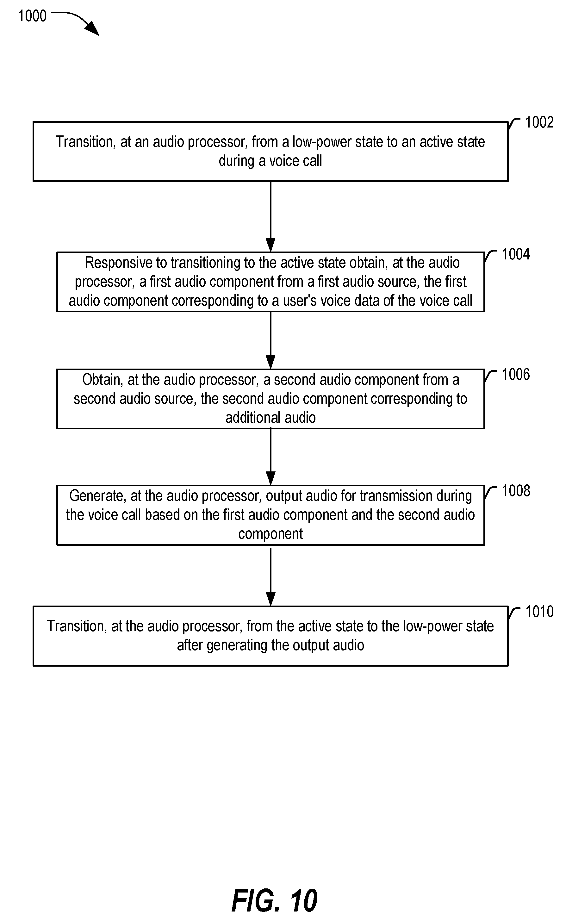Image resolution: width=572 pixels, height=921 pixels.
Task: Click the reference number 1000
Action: click(33, 16)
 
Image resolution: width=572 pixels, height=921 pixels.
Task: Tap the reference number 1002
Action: click(539, 122)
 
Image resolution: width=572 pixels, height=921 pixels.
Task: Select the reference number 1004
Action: click(516, 254)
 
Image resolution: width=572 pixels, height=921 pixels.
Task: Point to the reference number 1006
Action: click(516, 375)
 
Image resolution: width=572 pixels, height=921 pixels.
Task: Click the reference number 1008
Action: click(516, 491)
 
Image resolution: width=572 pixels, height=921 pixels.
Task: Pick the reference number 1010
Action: click(539, 612)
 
